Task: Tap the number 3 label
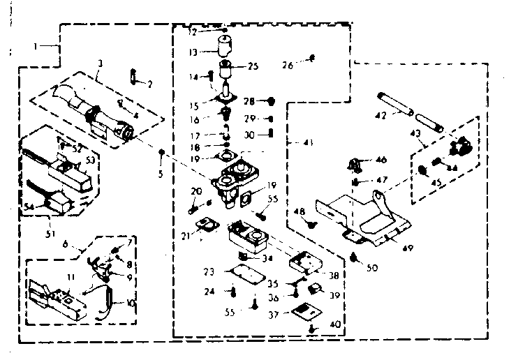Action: pos(101,63)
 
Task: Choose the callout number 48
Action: pos(298,211)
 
